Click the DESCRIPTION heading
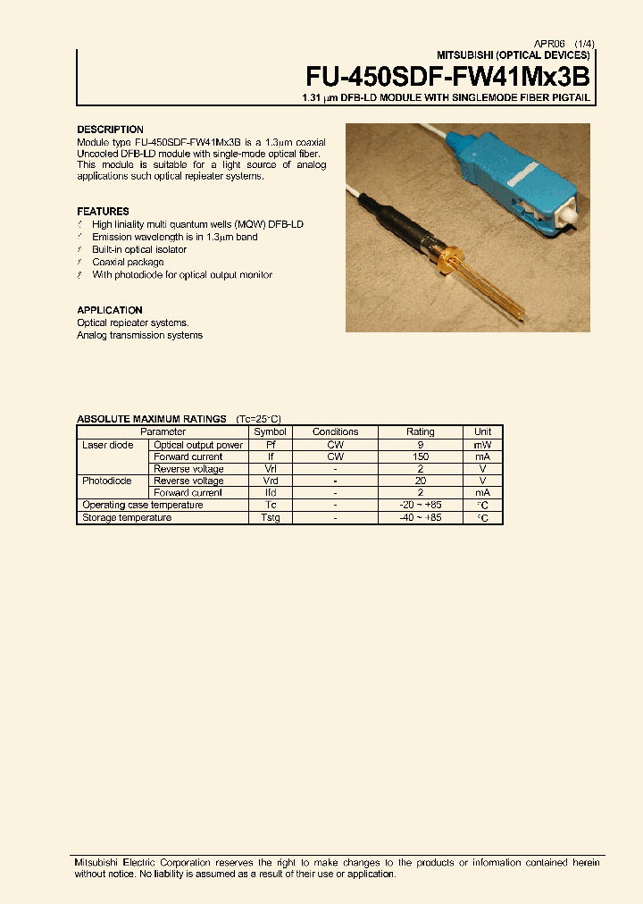(110, 130)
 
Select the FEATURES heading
(103, 212)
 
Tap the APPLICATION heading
(111, 311)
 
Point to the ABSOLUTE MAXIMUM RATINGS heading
(153, 419)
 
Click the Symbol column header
(270, 432)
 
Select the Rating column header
(421, 432)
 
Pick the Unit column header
(482, 432)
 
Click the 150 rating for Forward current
(421, 456)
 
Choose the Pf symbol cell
(270, 445)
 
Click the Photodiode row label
(107, 481)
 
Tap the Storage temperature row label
(127, 517)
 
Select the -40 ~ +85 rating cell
(421, 517)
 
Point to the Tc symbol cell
(270, 506)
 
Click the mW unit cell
(482, 445)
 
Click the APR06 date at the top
(548, 43)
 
